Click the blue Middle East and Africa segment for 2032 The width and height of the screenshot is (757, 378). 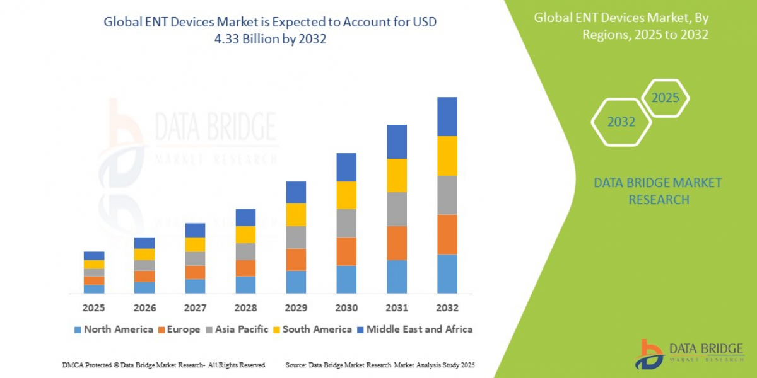[447, 117]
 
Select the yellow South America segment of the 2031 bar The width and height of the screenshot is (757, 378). [397, 175]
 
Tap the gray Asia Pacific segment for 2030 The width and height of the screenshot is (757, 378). [346, 223]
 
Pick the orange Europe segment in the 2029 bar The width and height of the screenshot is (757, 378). [296, 260]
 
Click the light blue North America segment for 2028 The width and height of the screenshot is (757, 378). [245, 285]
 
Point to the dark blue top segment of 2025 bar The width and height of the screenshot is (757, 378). [94, 256]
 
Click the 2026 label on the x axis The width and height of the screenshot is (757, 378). [144, 308]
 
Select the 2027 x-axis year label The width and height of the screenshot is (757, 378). [195, 308]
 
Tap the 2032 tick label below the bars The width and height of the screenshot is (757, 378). [447, 308]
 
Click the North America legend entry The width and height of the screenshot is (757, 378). [114, 329]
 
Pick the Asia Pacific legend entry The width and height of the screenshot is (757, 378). [237, 329]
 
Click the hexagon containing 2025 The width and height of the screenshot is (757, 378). [665, 98]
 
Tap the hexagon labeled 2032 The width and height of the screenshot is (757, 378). [621, 122]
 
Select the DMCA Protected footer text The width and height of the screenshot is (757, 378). [164, 365]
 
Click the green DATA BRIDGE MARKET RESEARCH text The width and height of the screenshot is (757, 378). [658, 191]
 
